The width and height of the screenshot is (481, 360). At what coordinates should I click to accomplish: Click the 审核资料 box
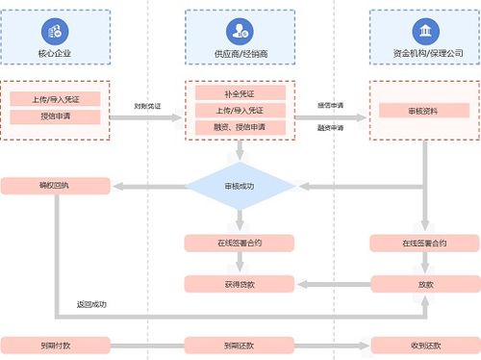pyautogui.click(x=423, y=111)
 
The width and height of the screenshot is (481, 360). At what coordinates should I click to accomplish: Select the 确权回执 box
pyautogui.click(x=57, y=184)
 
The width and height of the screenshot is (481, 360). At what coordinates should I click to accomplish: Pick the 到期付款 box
pyautogui.click(x=57, y=344)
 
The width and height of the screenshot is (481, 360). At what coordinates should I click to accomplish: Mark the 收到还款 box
pyautogui.click(x=423, y=344)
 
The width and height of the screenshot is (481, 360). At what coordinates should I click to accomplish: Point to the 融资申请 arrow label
pyautogui.click(x=331, y=127)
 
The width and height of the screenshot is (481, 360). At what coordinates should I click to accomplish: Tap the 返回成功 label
pyautogui.click(x=92, y=306)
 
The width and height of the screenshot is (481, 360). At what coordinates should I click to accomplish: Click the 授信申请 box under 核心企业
pyautogui.click(x=57, y=117)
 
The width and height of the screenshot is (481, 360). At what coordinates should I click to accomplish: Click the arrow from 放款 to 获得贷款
pyautogui.click(x=331, y=283)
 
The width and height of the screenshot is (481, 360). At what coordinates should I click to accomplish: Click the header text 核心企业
pyautogui.click(x=57, y=53)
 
